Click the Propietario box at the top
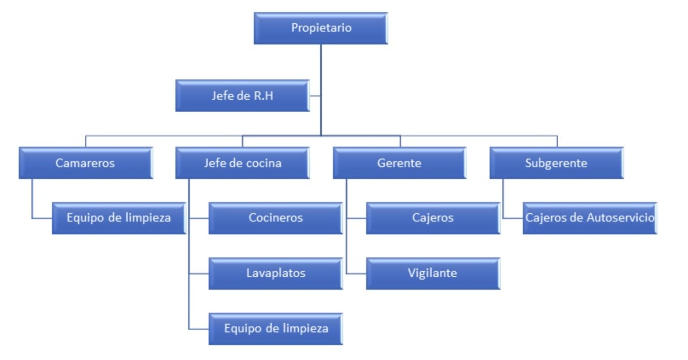point(321,28)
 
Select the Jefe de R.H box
point(242,95)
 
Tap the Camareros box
point(85,163)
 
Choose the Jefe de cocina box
point(242,163)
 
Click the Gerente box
point(399,163)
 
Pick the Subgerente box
point(556,163)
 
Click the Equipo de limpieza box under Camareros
point(118,218)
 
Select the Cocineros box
point(275,218)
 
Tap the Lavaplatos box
point(275,273)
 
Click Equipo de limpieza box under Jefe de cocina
point(275,329)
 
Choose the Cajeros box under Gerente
point(433,218)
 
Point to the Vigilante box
point(433,273)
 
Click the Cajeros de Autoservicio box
point(590,218)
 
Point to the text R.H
point(263,95)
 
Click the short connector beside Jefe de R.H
point(315,95)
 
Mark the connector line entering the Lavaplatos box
point(199,274)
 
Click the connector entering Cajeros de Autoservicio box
point(513,218)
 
